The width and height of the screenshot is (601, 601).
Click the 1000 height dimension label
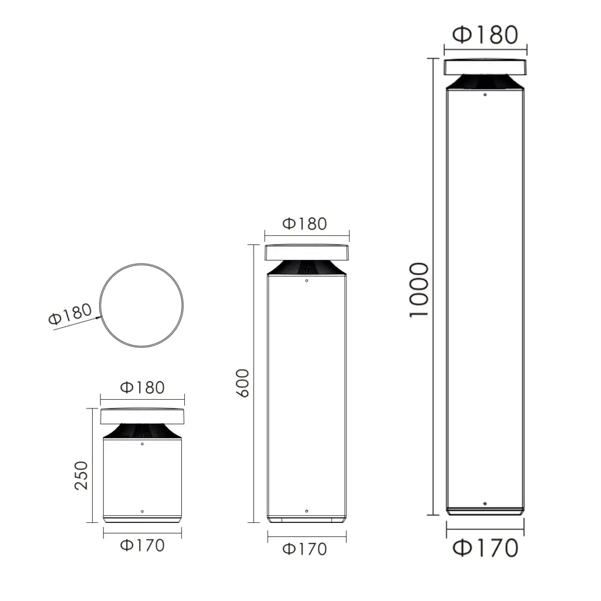[x=419, y=290]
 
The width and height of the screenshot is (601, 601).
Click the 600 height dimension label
[x=243, y=383]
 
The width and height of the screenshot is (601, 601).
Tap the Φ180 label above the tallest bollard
[x=485, y=35]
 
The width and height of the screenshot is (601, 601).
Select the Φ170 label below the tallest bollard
[x=485, y=548]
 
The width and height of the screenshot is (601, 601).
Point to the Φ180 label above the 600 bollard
[x=304, y=224]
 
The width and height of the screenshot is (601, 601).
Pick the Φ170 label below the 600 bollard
[x=304, y=549]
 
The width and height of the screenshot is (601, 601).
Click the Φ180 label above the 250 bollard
[x=142, y=387]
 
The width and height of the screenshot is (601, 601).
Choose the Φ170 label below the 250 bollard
[x=142, y=545]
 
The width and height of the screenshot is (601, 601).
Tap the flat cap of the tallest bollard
[x=485, y=67]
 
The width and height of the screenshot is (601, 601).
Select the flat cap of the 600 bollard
[x=306, y=252]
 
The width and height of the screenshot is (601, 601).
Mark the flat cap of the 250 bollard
[x=143, y=416]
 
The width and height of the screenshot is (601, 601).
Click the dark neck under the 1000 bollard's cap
[x=485, y=83]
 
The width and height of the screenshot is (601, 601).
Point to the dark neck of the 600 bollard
[x=306, y=268]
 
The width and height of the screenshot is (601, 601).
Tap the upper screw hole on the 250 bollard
[x=143, y=445]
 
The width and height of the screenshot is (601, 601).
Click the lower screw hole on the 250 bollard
[x=143, y=511]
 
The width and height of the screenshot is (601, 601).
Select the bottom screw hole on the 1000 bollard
[x=485, y=504]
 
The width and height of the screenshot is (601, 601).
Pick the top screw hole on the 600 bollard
[x=306, y=281]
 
